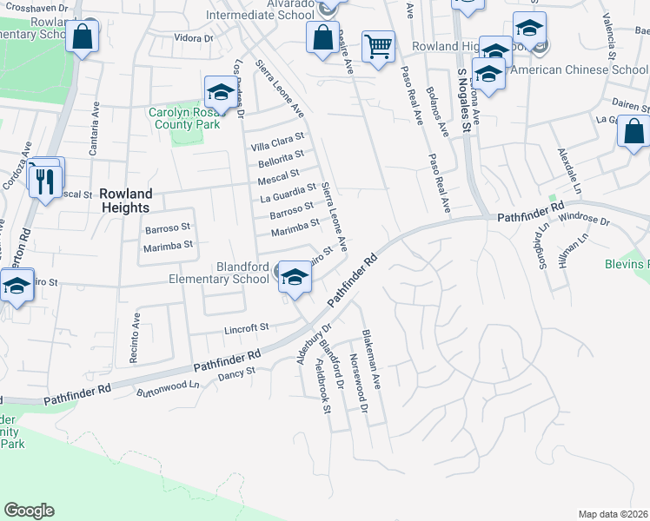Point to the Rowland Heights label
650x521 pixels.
click(125, 201)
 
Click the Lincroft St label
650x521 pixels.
click(248, 327)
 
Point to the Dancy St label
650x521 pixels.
click(237, 372)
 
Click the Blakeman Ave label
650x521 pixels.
click(373, 358)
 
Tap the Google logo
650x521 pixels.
click(29, 510)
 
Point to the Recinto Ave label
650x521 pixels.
click(136, 328)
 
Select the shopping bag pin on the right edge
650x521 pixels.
click(634, 132)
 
